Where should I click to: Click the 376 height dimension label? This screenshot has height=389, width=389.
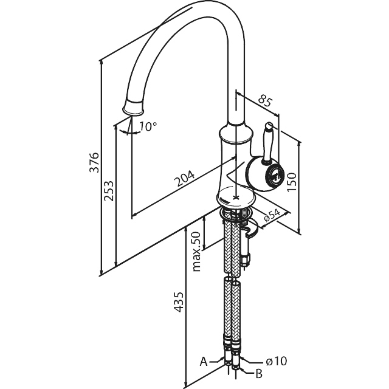(x=95, y=162)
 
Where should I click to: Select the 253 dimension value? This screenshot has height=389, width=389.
(x=109, y=190)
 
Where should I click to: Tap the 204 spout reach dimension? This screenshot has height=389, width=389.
(x=185, y=178)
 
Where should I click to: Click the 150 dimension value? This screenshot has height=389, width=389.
(x=292, y=182)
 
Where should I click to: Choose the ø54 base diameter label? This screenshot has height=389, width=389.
(x=272, y=215)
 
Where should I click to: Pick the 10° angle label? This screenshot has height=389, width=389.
(x=148, y=126)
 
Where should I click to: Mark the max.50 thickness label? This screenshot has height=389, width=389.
(x=196, y=251)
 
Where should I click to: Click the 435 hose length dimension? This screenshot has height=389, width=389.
(x=178, y=301)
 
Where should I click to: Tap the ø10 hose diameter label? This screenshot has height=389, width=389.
(x=276, y=360)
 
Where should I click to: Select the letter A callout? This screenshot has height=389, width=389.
(x=204, y=362)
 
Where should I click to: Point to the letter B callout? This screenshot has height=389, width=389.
(x=259, y=373)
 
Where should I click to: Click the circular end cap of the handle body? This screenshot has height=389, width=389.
(x=275, y=174)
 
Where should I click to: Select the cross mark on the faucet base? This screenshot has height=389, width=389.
(x=236, y=198)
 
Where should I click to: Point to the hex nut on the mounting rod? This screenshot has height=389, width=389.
(x=246, y=260)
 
